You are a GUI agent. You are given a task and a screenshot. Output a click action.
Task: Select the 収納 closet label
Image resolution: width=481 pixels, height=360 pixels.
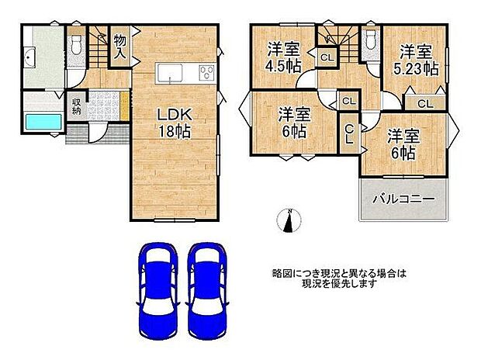78,106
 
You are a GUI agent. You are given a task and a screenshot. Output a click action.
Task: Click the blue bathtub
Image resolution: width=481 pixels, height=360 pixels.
43,122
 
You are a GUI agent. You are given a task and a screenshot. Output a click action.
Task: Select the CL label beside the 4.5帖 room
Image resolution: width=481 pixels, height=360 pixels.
327,56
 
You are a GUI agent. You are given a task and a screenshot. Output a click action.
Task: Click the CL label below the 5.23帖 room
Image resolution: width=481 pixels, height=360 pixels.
424,103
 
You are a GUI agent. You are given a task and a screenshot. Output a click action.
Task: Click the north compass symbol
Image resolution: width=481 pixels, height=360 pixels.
289,221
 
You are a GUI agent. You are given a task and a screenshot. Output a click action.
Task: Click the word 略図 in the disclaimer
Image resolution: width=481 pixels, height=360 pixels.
281,274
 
